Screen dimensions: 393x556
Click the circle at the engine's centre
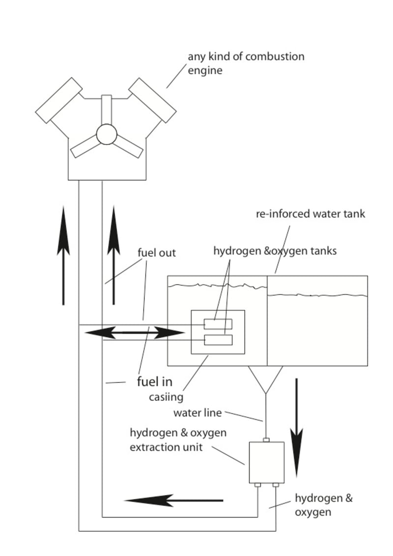(107, 134)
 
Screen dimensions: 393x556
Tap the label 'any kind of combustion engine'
(246, 63)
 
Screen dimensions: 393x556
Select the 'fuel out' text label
(157, 253)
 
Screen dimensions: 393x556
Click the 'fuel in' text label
(155, 381)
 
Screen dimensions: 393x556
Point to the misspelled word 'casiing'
(166, 397)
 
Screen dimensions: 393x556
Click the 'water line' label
(197, 413)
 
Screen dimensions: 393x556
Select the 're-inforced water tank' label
(310, 214)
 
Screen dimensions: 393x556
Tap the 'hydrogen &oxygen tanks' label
(275, 251)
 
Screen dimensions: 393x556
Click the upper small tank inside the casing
(218, 324)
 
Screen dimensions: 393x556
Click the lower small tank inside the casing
(218, 340)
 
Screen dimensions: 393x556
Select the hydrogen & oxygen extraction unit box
(267, 463)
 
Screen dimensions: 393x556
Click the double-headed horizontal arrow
(135, 333)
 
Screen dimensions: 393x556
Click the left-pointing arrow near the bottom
(173, 500)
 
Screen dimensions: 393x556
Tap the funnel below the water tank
(265, 380)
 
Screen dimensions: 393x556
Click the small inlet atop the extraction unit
(266, 440)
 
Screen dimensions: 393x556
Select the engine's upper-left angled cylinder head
(59, 100)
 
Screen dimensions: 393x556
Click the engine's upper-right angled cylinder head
(152, 100)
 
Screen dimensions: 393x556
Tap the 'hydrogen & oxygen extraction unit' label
(178, 439)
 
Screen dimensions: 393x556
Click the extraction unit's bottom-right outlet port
(276, 485)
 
